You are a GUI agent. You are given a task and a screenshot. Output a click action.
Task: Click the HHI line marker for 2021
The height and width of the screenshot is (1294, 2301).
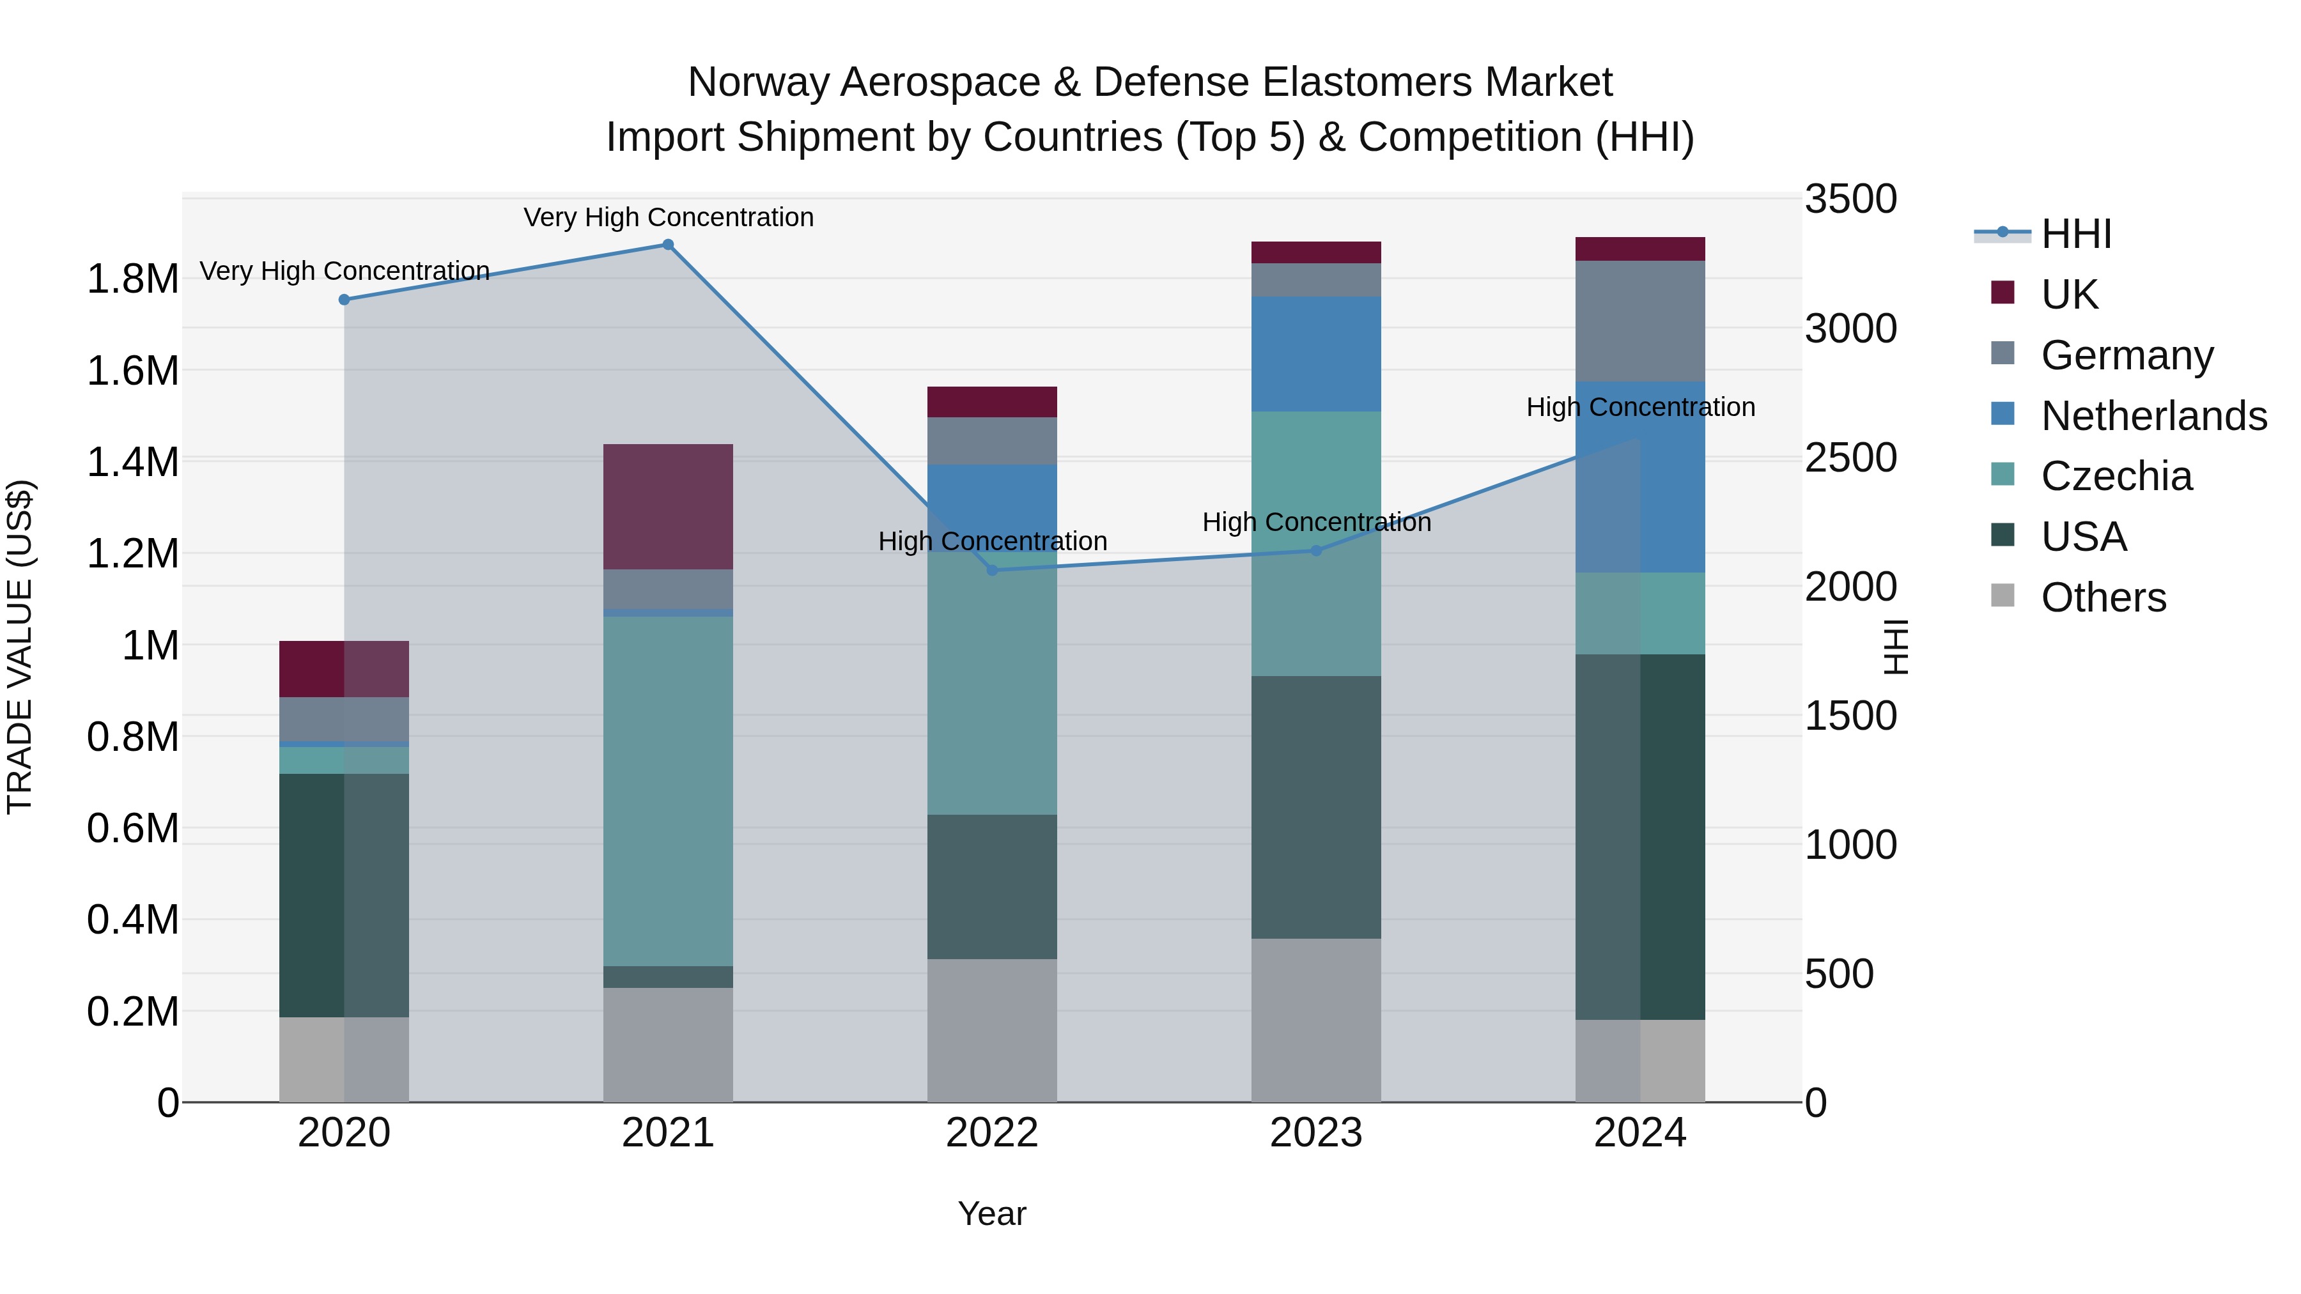pyautogui.click(x=667, y=245)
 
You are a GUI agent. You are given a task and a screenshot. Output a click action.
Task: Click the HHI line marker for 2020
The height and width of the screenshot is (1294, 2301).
pyautogui.click(x=344, y=300)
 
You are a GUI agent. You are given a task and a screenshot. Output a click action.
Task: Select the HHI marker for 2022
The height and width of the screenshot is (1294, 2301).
pyautogui.click(x=991, y=570)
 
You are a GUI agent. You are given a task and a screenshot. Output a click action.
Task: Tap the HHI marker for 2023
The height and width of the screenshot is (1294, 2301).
pyautogui.click(x=1316, y=551)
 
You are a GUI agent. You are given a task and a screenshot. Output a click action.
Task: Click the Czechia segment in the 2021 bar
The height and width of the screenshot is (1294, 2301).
pyautogui.click(x=667, y=790)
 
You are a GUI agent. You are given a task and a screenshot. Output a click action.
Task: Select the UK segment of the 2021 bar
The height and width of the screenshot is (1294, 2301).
pyautogui.click(x=667, y=506)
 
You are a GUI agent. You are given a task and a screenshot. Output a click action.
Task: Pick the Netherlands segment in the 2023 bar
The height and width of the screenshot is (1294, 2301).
pyautogui.click(x=1316, y=353)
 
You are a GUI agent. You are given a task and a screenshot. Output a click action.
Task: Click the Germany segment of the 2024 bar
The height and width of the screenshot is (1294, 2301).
pyautogui.click(x=1640, y=321)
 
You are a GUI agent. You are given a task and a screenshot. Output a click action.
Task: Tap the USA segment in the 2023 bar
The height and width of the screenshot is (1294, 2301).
pyautogui.click(x=1316, y=806)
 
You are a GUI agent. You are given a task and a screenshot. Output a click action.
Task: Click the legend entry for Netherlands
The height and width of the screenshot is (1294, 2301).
pyautogui.click(x=2153, y=416)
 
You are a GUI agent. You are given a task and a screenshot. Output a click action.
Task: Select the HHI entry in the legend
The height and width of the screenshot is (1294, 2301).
pyautogui.click(x=2075, y=234)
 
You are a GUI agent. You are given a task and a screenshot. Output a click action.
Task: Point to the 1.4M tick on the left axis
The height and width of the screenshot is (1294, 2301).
pyautogui.click(x=132, y=463)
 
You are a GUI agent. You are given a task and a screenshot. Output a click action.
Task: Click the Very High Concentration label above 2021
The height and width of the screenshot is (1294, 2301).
pyautogui.click(x=668, y=217)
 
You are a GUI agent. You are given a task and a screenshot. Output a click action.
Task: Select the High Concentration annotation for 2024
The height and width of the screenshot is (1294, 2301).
pyautogui.click(x=1640, y=407)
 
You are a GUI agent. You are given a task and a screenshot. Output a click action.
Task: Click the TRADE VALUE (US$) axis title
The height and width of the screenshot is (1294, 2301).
pyautogui.click(x=20, y=647)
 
